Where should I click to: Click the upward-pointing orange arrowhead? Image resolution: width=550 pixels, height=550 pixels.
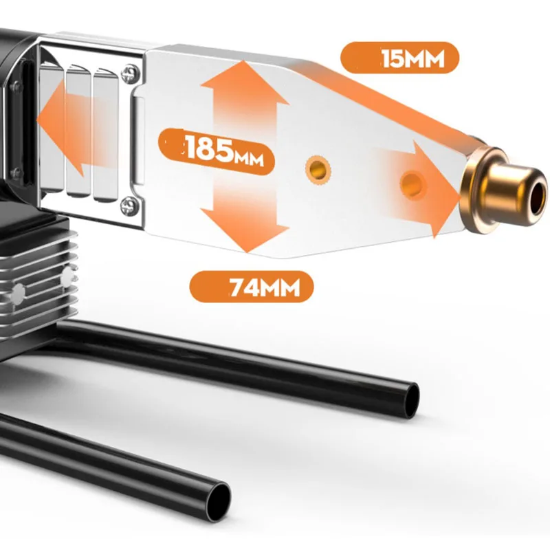tap(244, 82)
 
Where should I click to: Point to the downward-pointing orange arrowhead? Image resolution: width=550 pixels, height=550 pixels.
tap(245, 230)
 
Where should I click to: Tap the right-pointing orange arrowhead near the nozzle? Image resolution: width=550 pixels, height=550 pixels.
tap(434, 190)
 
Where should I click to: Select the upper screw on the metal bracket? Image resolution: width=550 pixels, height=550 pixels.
tap(130, 74)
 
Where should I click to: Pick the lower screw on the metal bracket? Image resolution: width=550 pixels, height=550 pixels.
tap(129, 206)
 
